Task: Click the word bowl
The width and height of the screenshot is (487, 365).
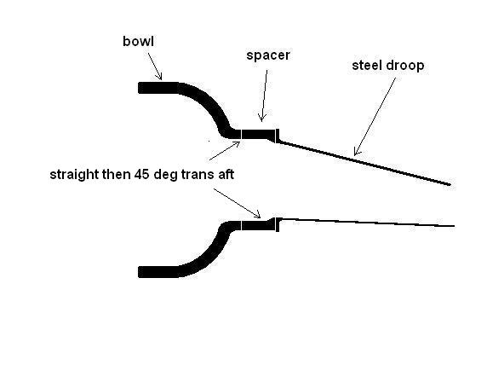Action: (138, 41)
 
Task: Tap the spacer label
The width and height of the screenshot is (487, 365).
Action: (268, 55)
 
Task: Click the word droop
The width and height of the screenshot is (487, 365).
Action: (405, 66)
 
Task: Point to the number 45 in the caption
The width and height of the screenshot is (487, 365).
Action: (141, 174)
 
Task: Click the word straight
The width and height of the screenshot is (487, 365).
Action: (74, 175)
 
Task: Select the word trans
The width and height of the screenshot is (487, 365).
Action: (197, 175)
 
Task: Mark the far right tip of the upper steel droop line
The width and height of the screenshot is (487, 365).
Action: (450, 185)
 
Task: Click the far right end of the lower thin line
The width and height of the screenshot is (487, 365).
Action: (455, 226)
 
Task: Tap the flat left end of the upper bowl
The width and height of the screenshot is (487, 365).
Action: (139, 88)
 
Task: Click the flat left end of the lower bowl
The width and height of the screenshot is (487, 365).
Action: (139, 272)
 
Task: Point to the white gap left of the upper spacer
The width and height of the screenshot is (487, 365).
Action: (241, 134)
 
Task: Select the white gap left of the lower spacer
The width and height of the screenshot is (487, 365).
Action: (241, 225)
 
